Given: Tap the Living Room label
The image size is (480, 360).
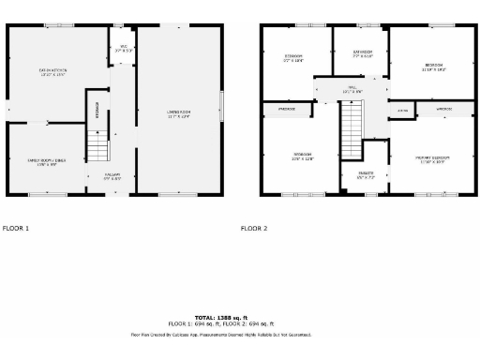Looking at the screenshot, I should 178,113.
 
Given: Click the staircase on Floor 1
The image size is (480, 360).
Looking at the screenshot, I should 98,146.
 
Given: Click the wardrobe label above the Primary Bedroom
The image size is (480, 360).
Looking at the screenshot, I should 443,110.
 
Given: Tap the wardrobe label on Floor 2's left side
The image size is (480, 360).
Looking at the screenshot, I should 286,110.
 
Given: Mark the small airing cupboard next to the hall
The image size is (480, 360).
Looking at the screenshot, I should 402,110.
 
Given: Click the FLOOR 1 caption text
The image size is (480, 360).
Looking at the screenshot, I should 16,228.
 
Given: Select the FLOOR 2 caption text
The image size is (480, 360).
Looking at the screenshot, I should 253,228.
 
